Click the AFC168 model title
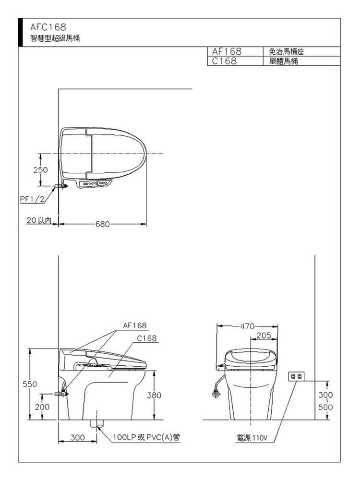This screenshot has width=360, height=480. [x=48, y=27]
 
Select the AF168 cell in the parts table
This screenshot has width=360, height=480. [x=227, y=51]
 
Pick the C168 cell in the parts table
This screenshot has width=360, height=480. [x=224, y=61]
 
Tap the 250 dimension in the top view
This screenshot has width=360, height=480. [x=40, y=170]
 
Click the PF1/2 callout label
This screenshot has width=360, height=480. [x=32, y=199]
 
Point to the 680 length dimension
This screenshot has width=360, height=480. [x=102, y=224]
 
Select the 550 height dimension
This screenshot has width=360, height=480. [x=30, y=384]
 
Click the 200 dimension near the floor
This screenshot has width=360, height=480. [x=42, y=407]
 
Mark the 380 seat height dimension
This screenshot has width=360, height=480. [x=154, y=395]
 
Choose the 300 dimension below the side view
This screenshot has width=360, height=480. [x=77, y=437]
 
